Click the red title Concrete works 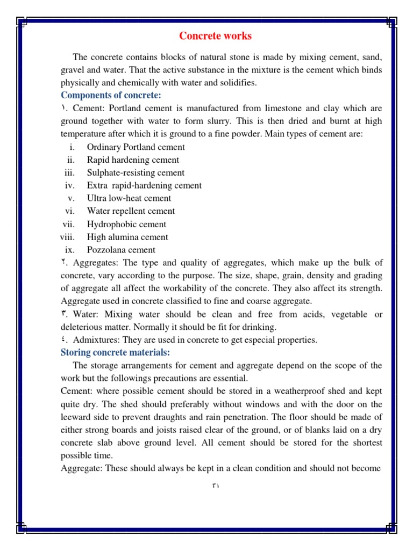point(215,36)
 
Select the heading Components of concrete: point(111,95)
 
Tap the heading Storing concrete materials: point(115,352)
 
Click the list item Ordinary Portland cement point(136,147)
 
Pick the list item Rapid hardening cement point(133,160)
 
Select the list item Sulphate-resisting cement point(136,172)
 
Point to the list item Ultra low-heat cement point(129,198)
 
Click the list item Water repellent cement point(131,211)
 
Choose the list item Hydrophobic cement point(126,224)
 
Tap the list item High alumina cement point(127,237)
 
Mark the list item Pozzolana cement point(121,250)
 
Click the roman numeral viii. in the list point(68,237)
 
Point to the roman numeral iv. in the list point(69,185)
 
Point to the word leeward point(76,417)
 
